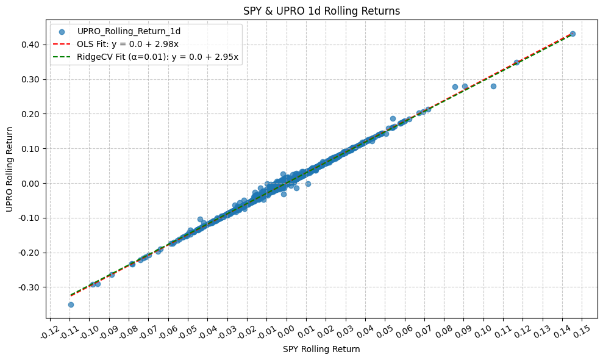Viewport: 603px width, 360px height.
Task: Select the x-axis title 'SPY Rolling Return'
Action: click(321, 350)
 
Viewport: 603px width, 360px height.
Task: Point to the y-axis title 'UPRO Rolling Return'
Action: click(10, 169)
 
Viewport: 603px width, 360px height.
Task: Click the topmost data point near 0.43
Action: click(573, 34)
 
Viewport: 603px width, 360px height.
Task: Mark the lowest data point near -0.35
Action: click(71, 304)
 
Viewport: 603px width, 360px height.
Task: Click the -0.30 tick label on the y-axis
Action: click(30, 287)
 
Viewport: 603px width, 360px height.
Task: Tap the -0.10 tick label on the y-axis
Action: click(30, 218)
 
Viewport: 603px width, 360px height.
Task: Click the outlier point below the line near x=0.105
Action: click(493, 86)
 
